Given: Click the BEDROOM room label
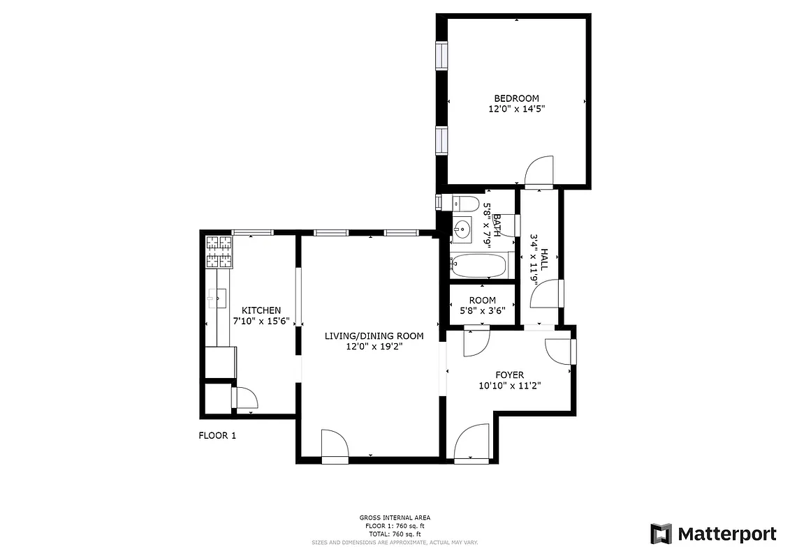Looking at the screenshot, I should (516, 98).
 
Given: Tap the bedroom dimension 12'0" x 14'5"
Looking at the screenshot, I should (516, 109).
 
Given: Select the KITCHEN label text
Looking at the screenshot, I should (261, 310).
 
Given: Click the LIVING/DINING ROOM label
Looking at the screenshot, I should (374, 335).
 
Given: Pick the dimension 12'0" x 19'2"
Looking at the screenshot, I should (374, 347).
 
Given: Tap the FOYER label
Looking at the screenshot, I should (510, 375).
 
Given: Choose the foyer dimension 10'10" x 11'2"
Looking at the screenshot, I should (510, 386).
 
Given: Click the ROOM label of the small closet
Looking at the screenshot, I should (483, 301).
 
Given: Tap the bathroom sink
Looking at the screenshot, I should (462, 228).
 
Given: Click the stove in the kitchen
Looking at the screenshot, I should (219, 252).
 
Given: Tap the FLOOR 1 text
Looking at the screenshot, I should (218, 436).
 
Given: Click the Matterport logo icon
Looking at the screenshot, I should (661, 534).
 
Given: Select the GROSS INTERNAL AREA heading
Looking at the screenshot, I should (395, 518).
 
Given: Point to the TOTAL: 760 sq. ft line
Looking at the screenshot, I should (395, 534).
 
